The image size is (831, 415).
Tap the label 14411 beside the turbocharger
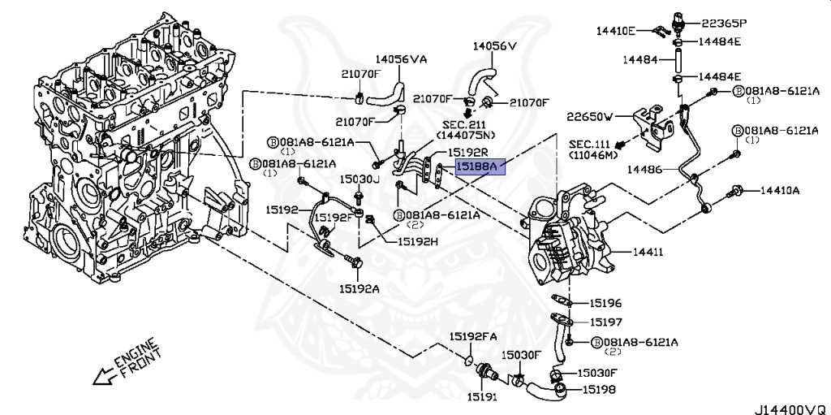pyautogui.click(x=648, y=253)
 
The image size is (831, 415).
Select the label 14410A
pyautogui.click(x=779, y=191)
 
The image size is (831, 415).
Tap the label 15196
pyautogui.click(x=605, y=303)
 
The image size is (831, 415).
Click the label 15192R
pyautogui.click(x=470, y=152)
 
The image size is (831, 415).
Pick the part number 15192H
pyautogui.click(x=417, y=241)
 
